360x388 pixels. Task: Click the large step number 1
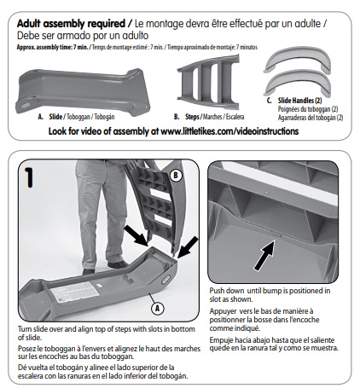pos(28,177)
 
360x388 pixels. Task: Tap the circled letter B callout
pos(176,176)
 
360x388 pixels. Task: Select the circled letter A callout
pos(158,309)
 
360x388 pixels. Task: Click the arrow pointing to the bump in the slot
pos(264,255)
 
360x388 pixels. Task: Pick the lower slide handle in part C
pos(297,83)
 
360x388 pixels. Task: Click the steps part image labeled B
pos(208,83)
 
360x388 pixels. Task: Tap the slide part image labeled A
pos(83,91)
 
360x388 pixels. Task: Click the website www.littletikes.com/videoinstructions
pos(229,131)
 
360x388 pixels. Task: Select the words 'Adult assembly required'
pos(71,24)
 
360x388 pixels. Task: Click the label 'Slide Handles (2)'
pos(299,101)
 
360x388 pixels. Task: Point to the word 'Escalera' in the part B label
pos(235,117)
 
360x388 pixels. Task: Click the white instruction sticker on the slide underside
pos(74,292)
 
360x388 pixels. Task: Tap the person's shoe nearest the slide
pos(118,264)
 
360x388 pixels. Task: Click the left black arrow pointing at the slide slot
pos(136,235)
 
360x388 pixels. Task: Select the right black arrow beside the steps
pos(188,247)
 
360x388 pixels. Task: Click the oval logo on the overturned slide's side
pos(165,279)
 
